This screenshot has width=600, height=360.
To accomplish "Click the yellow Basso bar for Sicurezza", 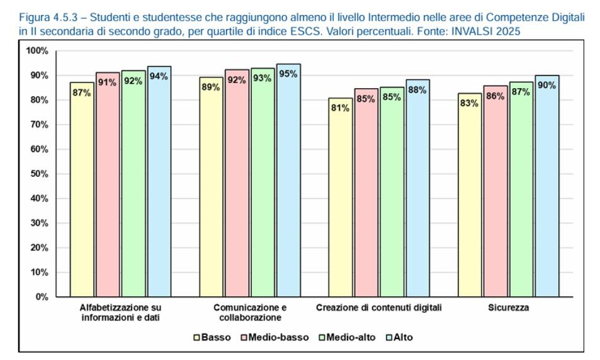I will [x=470, y=195].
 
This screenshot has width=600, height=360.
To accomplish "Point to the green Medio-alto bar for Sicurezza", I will [x=521, y=189].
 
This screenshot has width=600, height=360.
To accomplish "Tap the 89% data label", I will [x=211, y=87].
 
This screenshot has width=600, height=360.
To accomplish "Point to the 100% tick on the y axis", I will [x=37, y=51].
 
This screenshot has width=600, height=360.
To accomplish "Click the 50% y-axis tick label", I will [x=40, y=174].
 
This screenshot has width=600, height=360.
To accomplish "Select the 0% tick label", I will [x=42, y=297].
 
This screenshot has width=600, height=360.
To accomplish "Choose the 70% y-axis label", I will [x=40, y=125].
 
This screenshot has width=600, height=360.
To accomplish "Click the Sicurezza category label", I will [x=508, y=308].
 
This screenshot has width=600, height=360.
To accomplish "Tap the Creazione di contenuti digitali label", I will [x=379, y=308].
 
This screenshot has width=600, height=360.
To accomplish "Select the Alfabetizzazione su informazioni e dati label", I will [x=120, y=313].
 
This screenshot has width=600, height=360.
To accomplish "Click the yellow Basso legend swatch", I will [x=196, y=338].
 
